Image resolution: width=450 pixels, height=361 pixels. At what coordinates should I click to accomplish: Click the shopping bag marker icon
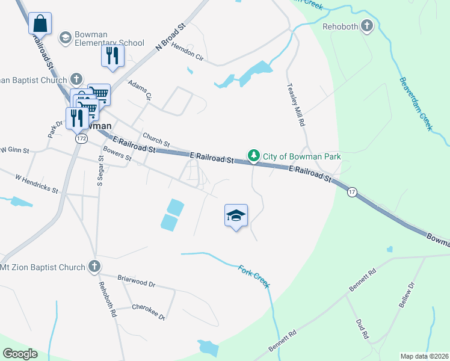(40, 23)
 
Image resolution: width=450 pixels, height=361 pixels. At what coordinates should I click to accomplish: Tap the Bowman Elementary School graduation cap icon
(65, 38)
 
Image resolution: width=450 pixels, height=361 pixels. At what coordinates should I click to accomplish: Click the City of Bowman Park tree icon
(254, 156)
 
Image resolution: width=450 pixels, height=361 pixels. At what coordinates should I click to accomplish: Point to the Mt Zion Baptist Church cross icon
(94, 267)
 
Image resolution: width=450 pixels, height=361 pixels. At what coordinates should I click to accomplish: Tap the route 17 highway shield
(353, 192)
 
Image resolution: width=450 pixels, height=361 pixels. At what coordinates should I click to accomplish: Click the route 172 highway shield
(81, 138)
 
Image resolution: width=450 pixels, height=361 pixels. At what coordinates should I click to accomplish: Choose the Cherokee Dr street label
(149, 311)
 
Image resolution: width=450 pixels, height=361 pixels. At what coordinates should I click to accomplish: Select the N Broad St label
(173, 37)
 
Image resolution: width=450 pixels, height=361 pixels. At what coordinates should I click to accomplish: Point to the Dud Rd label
(362, 330)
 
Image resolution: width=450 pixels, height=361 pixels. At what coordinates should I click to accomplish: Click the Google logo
(20, 354)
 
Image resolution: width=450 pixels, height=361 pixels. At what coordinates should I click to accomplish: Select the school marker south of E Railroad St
(236, 216)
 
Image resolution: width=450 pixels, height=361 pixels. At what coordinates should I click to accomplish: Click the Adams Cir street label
(140, 91)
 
